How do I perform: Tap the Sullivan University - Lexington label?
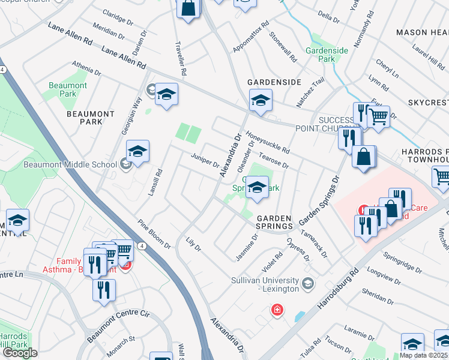265,285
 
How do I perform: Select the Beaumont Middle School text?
70,164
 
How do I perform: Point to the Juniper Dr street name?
205,160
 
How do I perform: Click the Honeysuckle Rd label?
268,142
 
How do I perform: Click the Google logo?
20,353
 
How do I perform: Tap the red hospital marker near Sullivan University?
277,310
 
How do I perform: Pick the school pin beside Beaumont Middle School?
137,153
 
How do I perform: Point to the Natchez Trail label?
310,92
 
